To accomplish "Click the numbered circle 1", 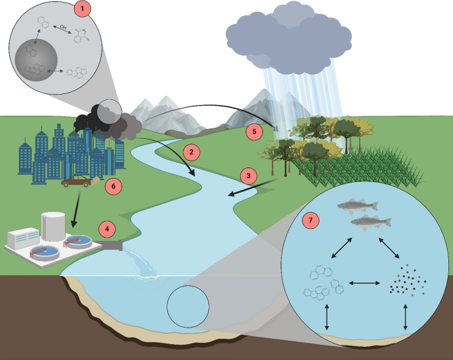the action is [x=82, y=9].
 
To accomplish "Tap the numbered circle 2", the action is [x=190, y=152].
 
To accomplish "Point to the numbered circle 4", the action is [x=108, y=230].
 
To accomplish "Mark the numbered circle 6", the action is [x=114, y=186].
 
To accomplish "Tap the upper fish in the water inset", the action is [x=357, y=206].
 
